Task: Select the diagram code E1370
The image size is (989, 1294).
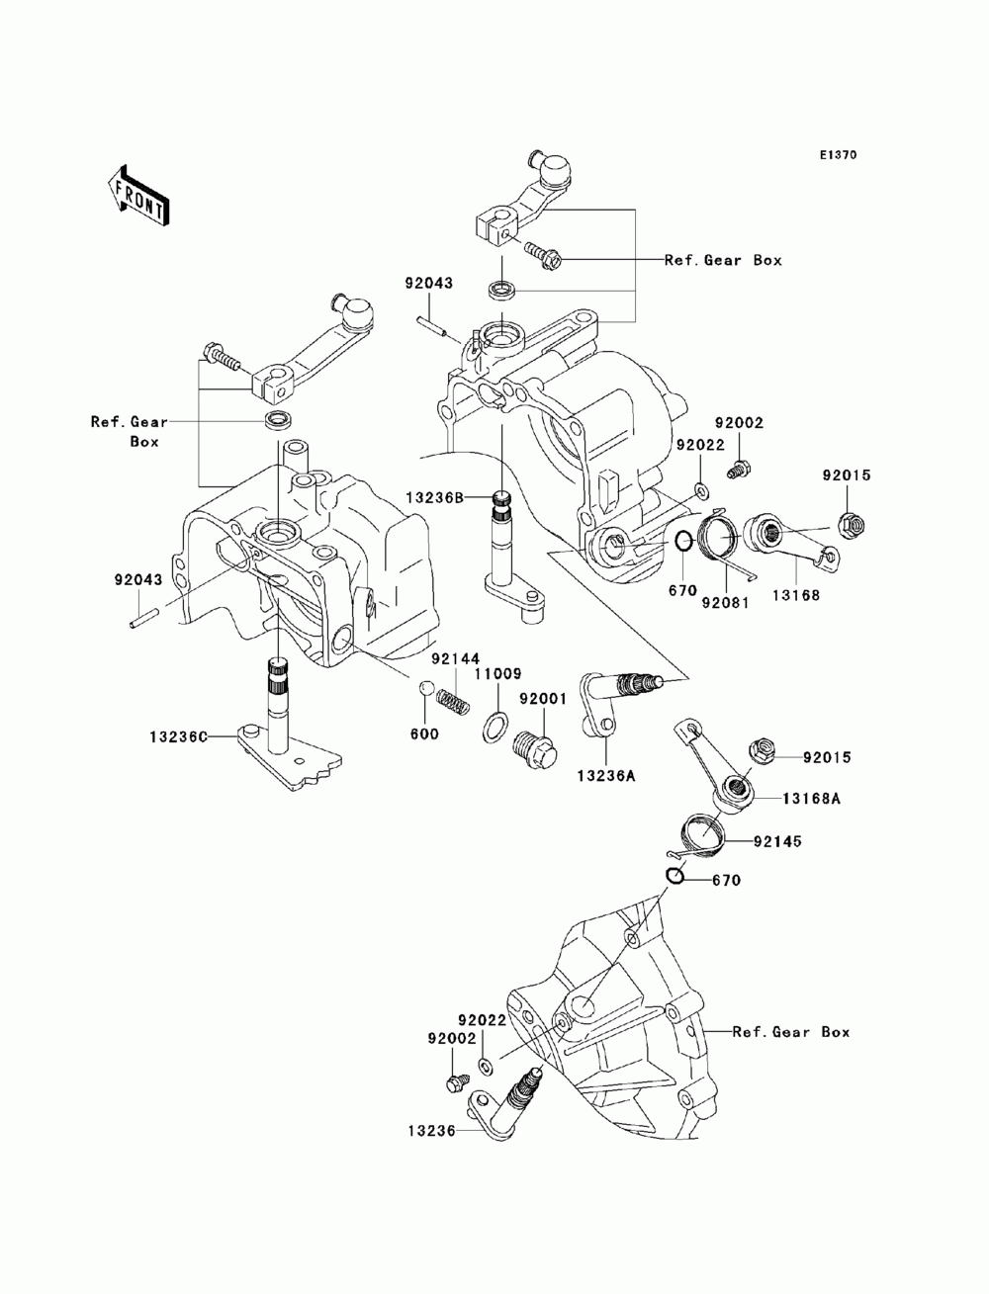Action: click(838, 155)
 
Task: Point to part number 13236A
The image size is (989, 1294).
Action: click(607, 775)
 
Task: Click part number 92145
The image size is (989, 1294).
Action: click(777, 842)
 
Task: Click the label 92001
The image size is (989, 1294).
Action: click(543, 699)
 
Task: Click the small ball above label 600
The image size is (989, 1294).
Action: click(426, 688)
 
